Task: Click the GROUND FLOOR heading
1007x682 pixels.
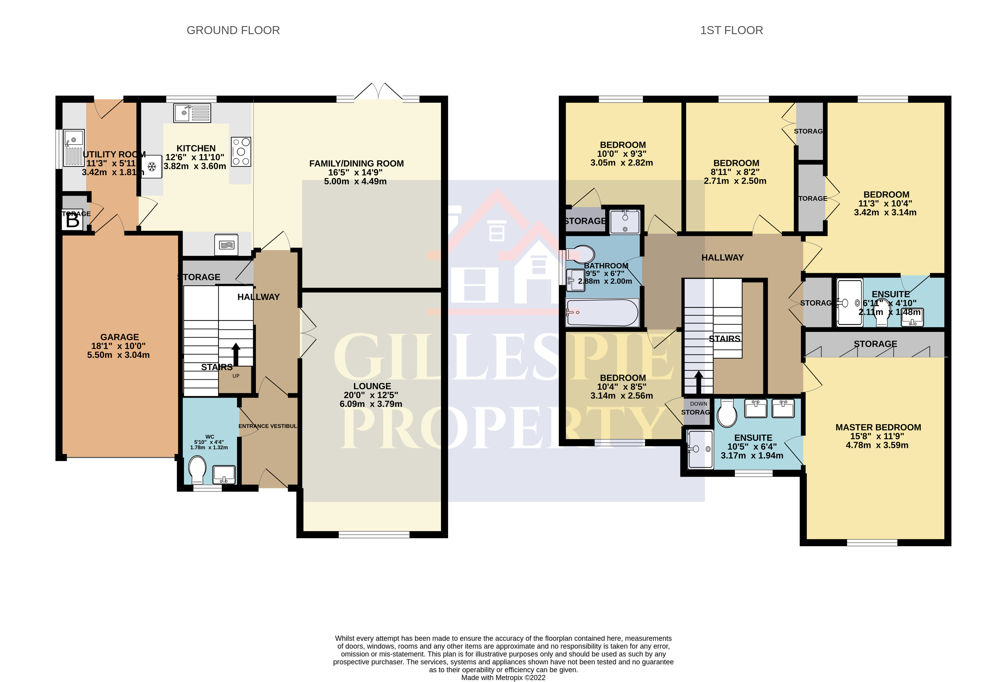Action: [x=233, y=30]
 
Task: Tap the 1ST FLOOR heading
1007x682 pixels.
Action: [x=731, y=30]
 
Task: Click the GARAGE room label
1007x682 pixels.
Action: [x=119, y=337]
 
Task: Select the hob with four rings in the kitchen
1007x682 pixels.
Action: [x=241, y=151]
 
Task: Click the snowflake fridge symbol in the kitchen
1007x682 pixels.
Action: [x=152, y=167]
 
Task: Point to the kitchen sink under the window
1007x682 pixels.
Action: [x=192, y=113]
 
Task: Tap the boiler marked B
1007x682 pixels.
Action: [x=72, y=221]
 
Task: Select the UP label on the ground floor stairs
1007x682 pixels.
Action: [x=236, y=376]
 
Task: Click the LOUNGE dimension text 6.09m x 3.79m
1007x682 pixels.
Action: [x=371, y=404]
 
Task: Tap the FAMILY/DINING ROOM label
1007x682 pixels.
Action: [x=356, y=164]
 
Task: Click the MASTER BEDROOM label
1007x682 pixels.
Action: [x=878, y=428]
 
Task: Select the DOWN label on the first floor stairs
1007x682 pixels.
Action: [x=699, y=404]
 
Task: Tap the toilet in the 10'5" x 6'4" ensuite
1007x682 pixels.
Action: [x=727, y=413]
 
